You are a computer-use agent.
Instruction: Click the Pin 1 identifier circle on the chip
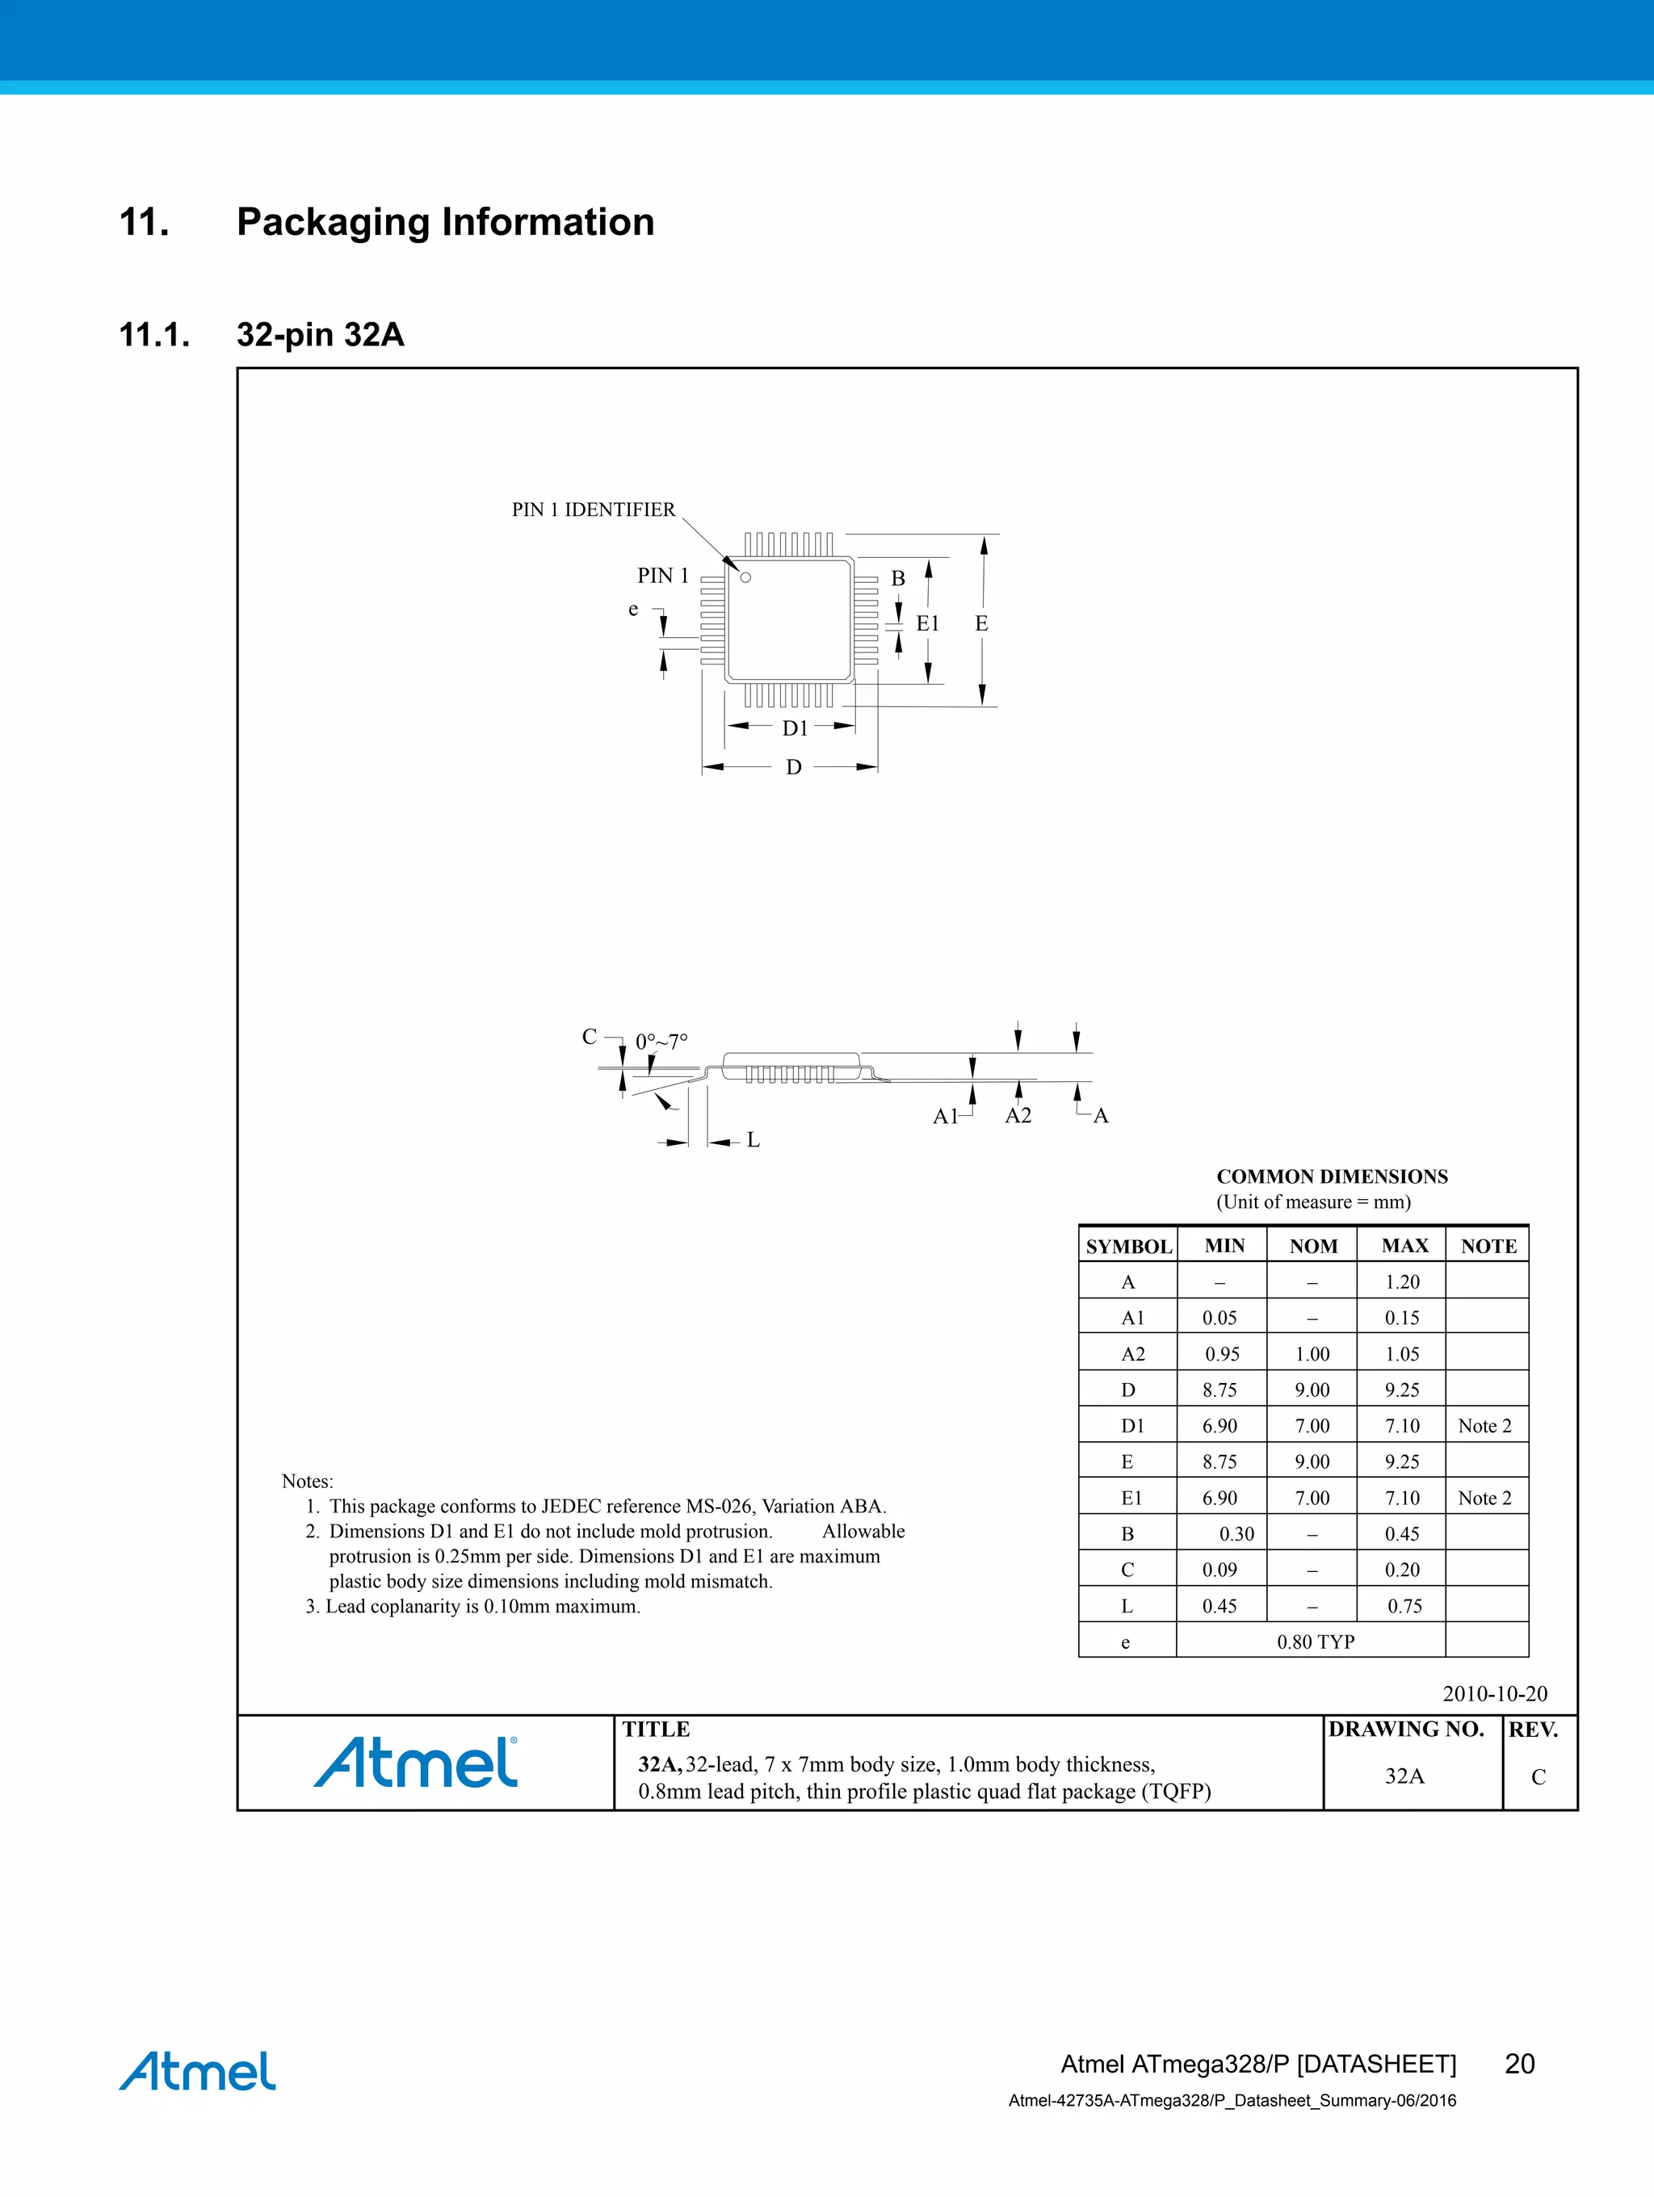click(746, 577)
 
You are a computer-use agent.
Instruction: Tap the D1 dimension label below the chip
click(795, 729)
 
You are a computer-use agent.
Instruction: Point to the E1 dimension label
click(927, 624)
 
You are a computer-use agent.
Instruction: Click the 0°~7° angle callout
click(661, 1042)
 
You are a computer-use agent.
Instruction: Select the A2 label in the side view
click(1018, 1115)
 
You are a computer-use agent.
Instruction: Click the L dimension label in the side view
click(753, 1140)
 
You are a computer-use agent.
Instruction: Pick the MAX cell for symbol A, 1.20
click(1403, 1282)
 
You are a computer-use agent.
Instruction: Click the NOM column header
click(1313, 1247)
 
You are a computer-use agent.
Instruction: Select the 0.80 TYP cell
click(1316, 1641)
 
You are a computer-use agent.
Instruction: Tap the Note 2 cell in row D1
click(1484, 1426)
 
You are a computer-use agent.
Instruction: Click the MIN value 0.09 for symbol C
click(1220, 1570)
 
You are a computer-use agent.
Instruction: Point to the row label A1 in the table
click(1132, 1318)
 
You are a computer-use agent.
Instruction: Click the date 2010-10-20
click(1494, 1693)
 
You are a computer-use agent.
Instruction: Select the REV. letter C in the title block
click(1538, 1777)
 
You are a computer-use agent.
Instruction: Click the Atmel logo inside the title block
click(416, 1763)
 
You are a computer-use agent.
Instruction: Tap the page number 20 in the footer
click(1519, 2063)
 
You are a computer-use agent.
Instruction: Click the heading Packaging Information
click(445, 221)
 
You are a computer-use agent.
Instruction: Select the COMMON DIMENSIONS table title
click(1331, 1177)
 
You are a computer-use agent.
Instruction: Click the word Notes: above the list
click(307, 1481)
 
